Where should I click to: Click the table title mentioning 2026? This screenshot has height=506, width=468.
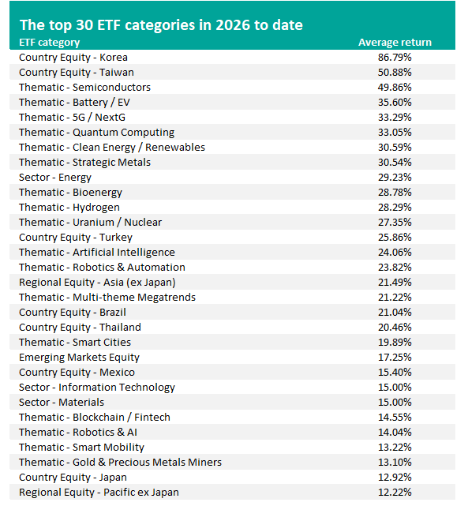click(x=161, y=24)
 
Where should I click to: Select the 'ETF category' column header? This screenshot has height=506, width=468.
click(x=50, y=43)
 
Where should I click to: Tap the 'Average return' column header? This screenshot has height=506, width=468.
click(x=395, y=43)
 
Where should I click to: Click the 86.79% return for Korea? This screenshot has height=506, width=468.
click(x=395, y=57)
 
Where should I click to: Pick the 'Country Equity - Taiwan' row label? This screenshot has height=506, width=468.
click(x=77, y=73)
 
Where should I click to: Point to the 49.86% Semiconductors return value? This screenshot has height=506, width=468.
click(x=395, y=87)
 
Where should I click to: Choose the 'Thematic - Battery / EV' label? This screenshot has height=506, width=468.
click(x=74, y=103)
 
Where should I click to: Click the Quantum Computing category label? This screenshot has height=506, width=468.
click(x=97, y=133)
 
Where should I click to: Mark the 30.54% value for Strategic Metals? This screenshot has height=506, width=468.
click(x=395, y=162)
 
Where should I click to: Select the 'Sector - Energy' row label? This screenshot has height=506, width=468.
click(x=55, y=178)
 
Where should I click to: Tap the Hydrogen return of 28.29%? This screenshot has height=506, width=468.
click(x=395, y=207)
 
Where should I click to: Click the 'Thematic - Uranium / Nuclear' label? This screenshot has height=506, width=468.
click(x=90, y=223)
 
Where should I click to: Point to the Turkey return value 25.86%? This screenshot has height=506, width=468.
click(x=395, y=237)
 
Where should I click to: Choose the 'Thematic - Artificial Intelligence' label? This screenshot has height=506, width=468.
click(x=97, y=253)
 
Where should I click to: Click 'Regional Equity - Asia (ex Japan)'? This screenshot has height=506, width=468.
click(x=97, y=283)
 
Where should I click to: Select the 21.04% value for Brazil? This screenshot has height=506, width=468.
click(x=395, y=312)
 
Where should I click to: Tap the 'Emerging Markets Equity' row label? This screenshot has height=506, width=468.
click(x=79, y=358)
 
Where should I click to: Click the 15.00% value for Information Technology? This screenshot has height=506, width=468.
click(x=395, y=387)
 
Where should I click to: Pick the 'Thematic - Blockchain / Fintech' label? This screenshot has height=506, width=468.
click(x=95, y=418)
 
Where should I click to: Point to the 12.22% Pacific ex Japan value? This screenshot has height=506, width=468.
click(x=395, y=492)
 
